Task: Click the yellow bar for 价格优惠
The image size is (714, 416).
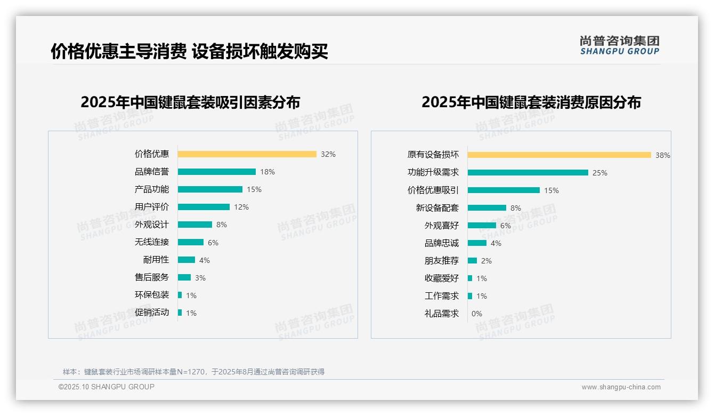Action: tap(247, 154)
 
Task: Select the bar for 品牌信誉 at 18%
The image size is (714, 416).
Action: tap(216, 172)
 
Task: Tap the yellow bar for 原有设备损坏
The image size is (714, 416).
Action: tap(559, 155)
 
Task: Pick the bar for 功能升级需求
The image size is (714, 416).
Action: tap(528, 173)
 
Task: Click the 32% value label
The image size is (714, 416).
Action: tap(328, 154)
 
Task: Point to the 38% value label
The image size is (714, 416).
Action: tap(662, 155)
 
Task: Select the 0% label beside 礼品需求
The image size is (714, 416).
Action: tap(476, 314)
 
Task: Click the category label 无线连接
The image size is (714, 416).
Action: tap(151, 242)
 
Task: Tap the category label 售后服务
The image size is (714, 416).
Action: tap(151, 277)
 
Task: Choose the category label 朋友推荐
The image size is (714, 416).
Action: tap(441, 261)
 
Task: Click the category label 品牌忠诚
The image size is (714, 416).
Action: tap(441, 243)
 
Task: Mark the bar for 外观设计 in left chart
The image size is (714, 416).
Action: tap(194, 225)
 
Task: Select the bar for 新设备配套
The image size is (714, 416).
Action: tap(486, 208)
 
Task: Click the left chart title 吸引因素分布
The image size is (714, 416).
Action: tap(190, 102)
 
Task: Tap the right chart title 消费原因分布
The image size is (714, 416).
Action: tap(531, 102)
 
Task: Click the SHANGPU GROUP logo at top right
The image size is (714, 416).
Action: tap(619, 45)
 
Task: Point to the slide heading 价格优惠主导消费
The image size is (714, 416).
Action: tap(189, 51)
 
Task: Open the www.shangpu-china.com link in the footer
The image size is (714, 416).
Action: tap(621, 387)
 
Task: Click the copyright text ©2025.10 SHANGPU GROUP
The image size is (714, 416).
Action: tap(106, 387)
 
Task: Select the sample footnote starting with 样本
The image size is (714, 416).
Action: tap(193, 372)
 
